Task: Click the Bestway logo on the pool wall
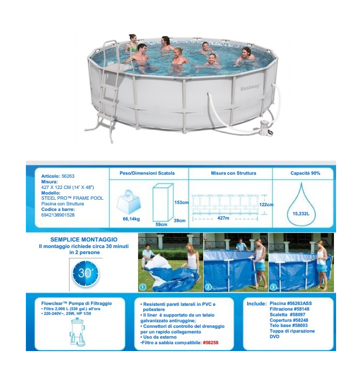pyautogui.click(x=250, y=87)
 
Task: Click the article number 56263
pyautogui.click(x=68, y=176)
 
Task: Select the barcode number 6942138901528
pyautogui.click(x=58, y=215)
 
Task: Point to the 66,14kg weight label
pyautogui.click(x=131, y=219)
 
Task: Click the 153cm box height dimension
pyautogui.click(x=181, y=202)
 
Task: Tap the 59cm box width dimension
pyautogui.click(x=161, y=224)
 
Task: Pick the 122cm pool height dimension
pyautogui.click(x=266, y=204)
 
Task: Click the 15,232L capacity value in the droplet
pyautogui.click(x=301, y=214)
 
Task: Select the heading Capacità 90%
pyautogui.click(x=305, y=173)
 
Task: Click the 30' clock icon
pyautogui.click(x=85, y=273)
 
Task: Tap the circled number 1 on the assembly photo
pyautogui.click(x=143, y=287)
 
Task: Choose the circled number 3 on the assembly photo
pyautogui.click(x=273, y=287)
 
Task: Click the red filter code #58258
pyautogui.click(x=211, y=342)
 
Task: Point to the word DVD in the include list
pyautogui.click(x=274, y=336)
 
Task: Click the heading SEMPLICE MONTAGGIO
pyautogui.click(x=84, y=239)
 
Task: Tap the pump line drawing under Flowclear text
pyautogui.click(x=77, y=332)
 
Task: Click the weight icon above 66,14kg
pyautogui.click(x=129, y=202)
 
